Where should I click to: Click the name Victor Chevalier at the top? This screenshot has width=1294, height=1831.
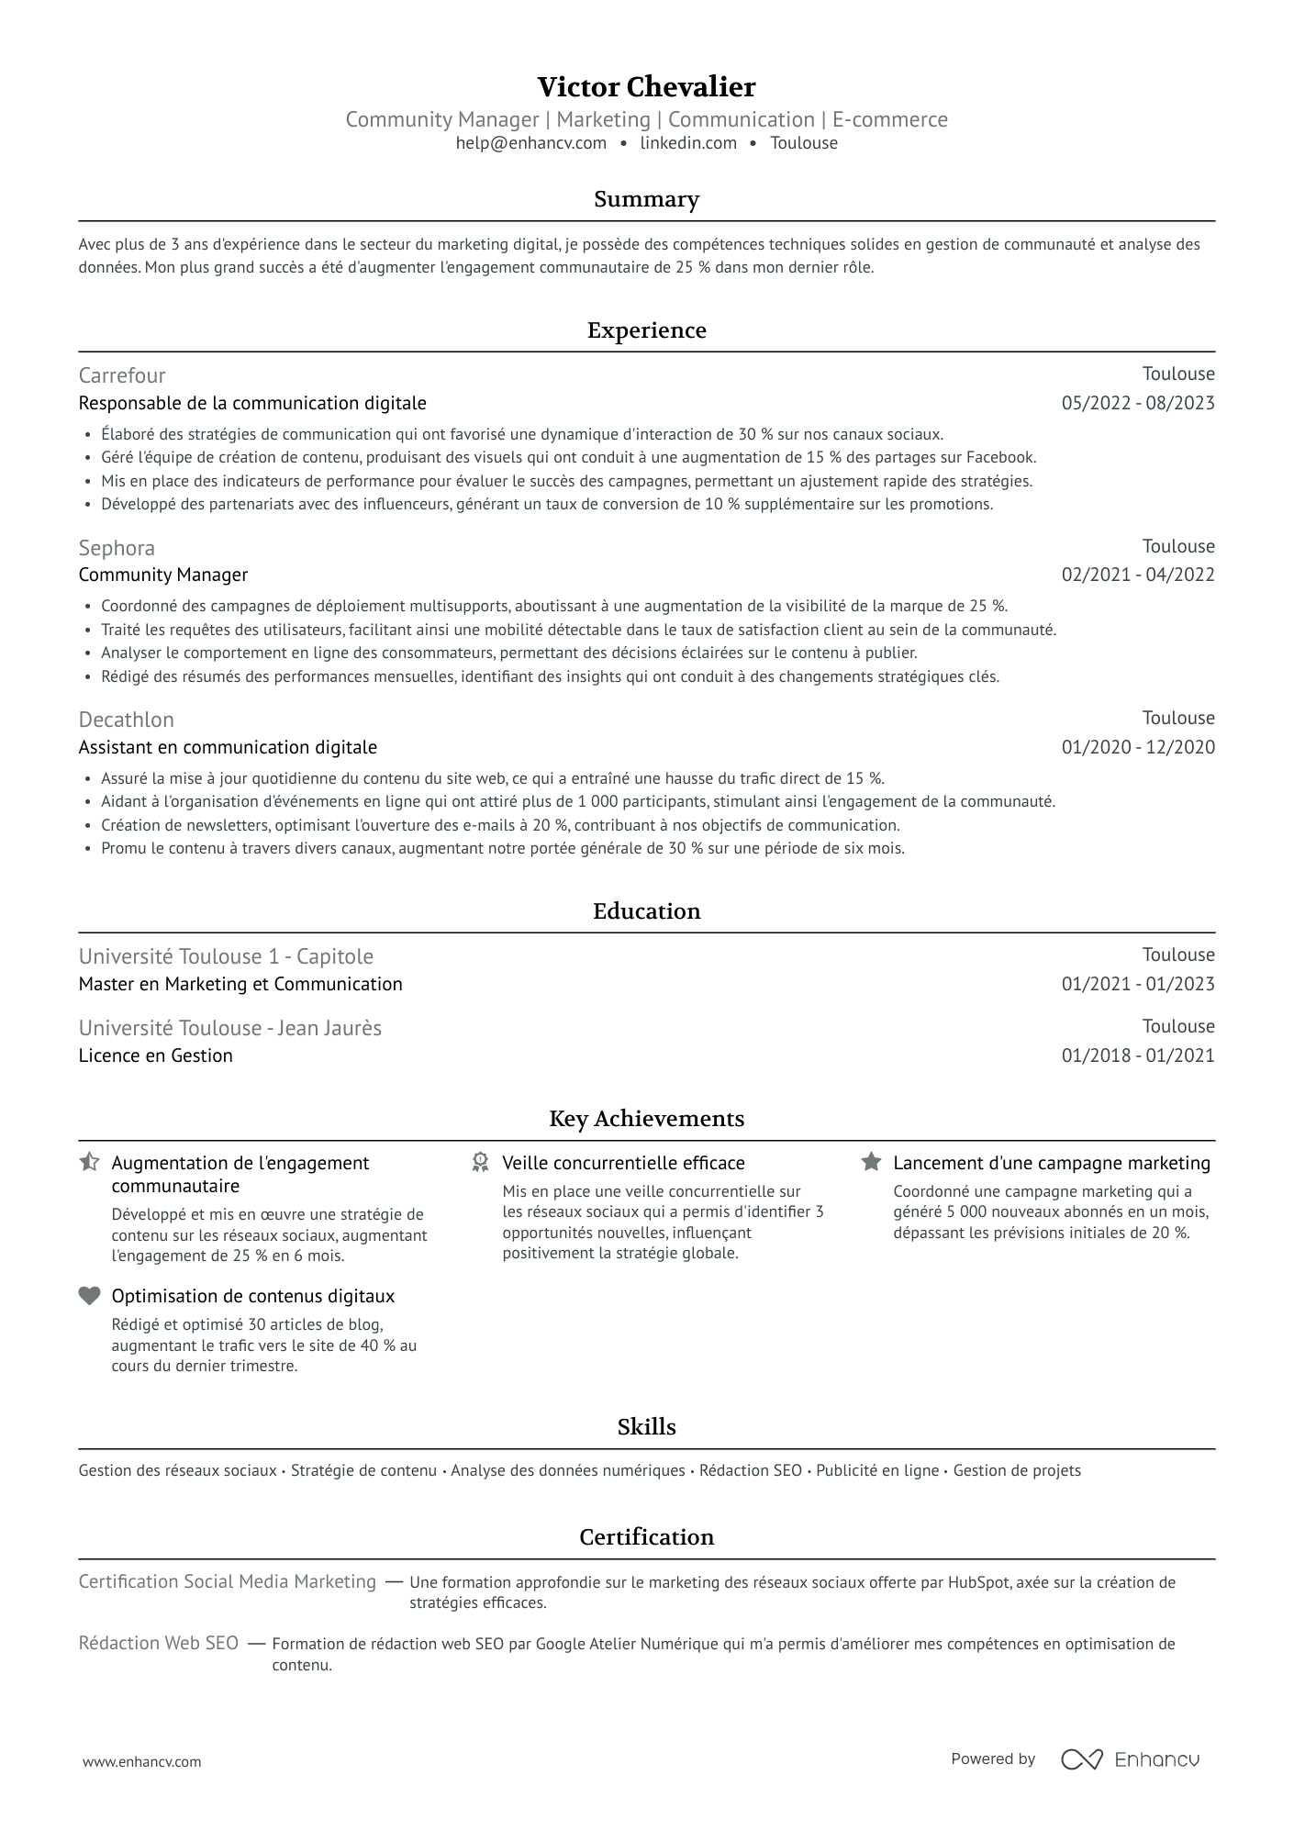pos(646,87)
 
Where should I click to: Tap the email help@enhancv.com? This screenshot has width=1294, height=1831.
pos(530,143)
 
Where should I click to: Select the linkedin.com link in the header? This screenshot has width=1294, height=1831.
pos(688,143)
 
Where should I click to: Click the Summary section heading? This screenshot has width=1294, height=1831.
pos(646,199)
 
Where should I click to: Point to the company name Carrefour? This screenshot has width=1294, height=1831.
pos(122,375)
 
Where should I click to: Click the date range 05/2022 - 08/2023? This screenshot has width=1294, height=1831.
pos(1137,403)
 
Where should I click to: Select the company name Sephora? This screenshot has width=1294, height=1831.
pos(117,548)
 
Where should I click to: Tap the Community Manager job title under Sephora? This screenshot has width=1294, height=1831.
pos(163,575)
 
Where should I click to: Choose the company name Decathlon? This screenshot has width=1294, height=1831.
pos(126,720)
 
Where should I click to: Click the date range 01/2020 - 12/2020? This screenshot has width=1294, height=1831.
pos(1137,747)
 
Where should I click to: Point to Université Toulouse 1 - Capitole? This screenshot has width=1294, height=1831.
pos(226,956)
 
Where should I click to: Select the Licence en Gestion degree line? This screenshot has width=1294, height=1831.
pos(156,1055)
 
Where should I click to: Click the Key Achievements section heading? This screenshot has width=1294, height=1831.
pos(646,1119)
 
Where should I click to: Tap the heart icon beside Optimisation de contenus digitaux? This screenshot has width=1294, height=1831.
pos(89,1296)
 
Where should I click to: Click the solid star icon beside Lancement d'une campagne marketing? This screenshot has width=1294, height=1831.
pos(871,1163)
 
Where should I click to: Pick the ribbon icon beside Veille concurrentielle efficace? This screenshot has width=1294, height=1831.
pos(480,1163)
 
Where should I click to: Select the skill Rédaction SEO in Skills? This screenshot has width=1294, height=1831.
pos(750,1470)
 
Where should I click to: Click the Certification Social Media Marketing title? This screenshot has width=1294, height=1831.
pos(228,1581)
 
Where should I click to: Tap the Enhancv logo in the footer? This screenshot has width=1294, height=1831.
pos(1131,1759)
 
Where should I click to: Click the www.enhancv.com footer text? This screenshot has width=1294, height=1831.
pos(141,1761)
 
